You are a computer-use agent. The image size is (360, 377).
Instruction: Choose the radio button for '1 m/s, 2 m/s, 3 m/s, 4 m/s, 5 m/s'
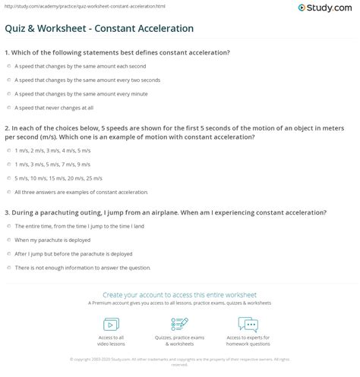pos(8,151)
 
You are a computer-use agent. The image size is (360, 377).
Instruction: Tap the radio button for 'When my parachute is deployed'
pos(8,240)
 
